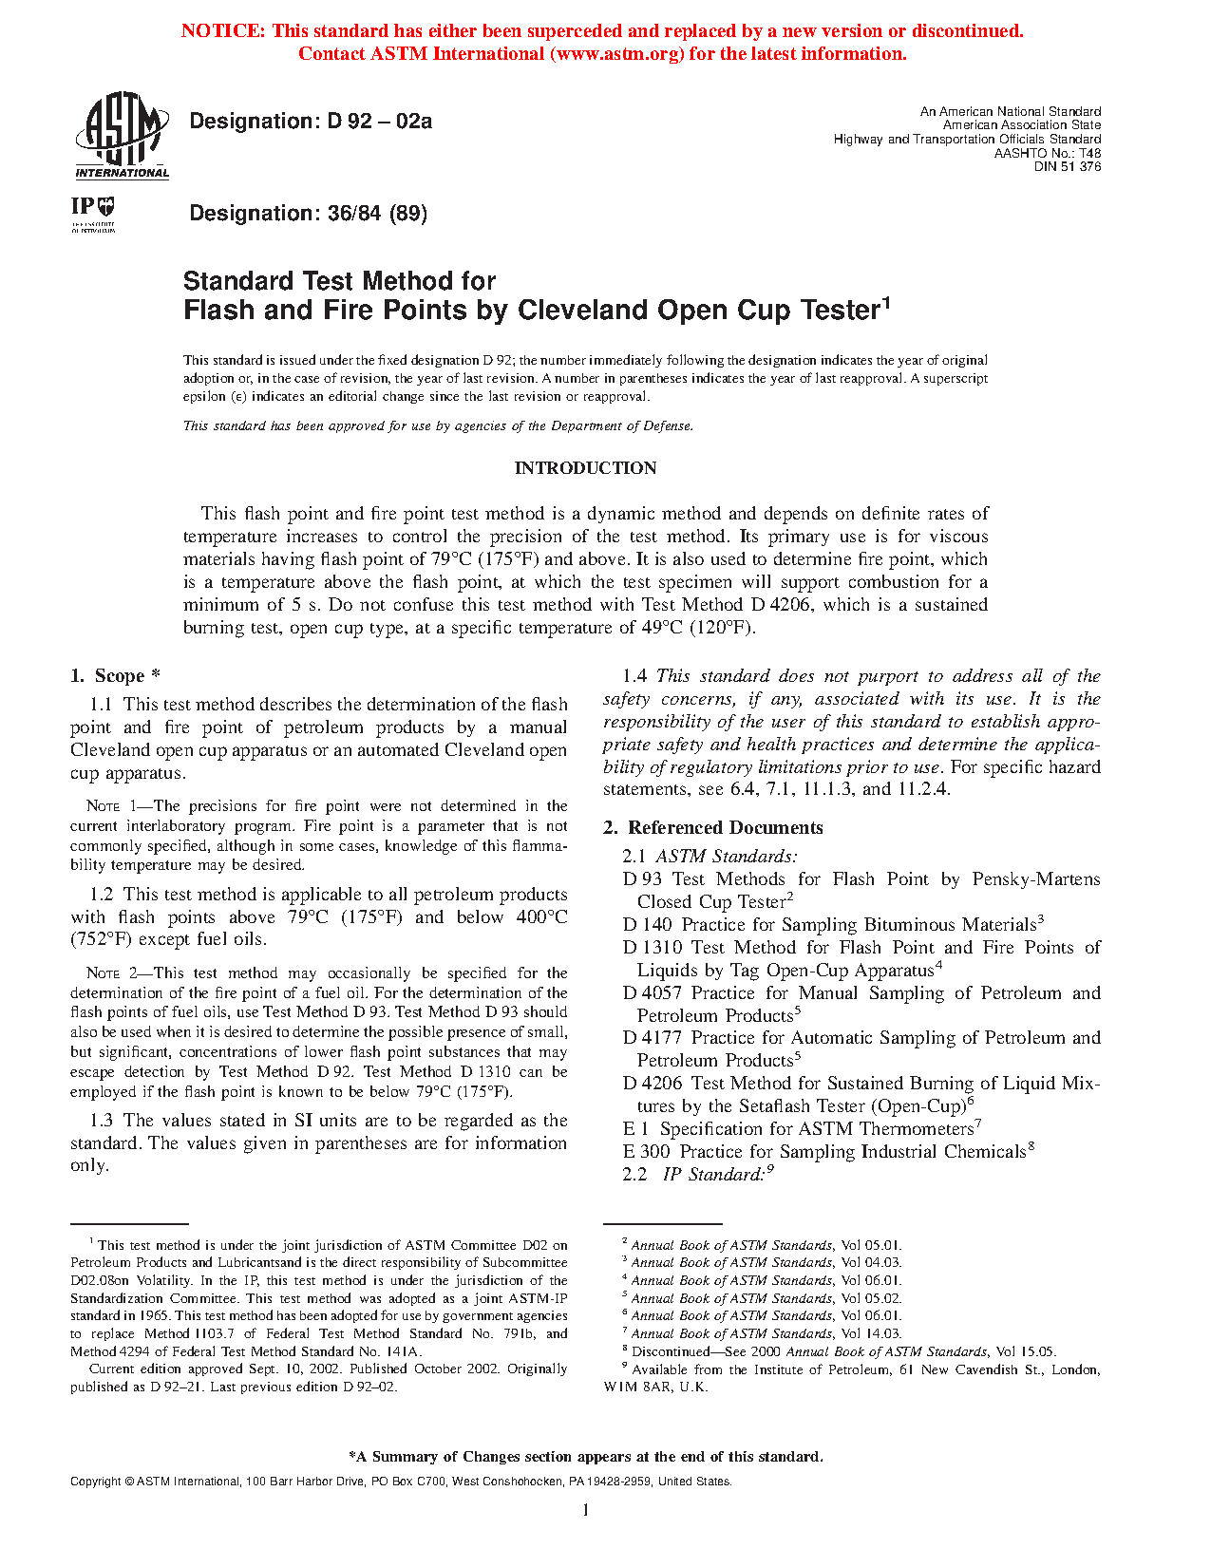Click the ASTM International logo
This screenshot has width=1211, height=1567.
tap(122, 134)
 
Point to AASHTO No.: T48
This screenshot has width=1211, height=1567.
tap(1048, 153)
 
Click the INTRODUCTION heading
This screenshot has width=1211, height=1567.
tap(585, 468)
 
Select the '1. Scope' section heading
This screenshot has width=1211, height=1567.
tap(115, 676)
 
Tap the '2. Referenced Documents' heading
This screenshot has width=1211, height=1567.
tap(713, 828)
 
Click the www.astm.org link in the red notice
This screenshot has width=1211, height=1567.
tap(616, 54)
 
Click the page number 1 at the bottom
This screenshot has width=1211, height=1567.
tap(585, 1510)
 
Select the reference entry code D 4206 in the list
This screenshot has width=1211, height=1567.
tap(653, 1084)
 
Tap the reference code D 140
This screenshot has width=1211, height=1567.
tap(648, 925)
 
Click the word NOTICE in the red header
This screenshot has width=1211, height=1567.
tap(223, 31)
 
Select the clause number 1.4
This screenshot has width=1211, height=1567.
tap(634, 676)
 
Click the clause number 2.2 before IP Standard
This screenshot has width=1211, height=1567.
tap(634, 1175)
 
